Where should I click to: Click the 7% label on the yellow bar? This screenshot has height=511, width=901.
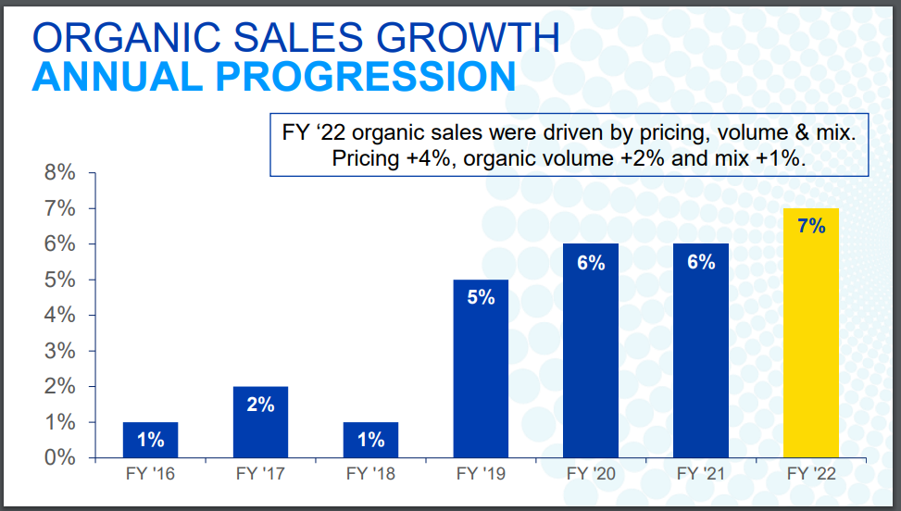pyautogui.click(x=811, y=226)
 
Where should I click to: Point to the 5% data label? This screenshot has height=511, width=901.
pyautogui.click(x=481, y=297)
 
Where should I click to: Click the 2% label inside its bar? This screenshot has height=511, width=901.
pyautogui.click(x=260, y=405)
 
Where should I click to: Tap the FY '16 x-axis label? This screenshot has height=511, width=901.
pyautogui.click(x=150, y=474)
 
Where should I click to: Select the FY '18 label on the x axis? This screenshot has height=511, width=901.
pyautogui.click(x=370, y=474)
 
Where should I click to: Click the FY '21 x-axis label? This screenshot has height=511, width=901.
pyautogui.click(x=701, y=474)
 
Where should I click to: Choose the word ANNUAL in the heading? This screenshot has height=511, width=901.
pyautogui.click(x=116, y=77)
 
